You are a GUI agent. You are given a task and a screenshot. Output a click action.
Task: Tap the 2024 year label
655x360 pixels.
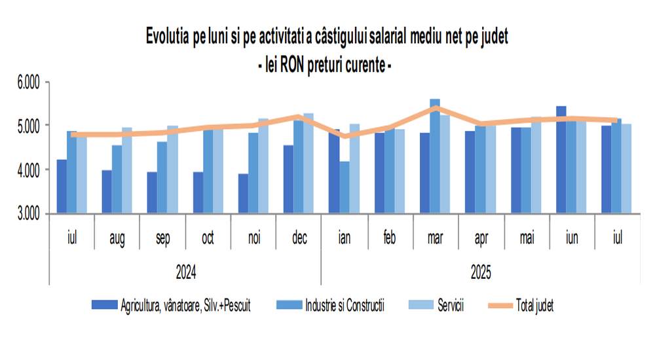point(185,270)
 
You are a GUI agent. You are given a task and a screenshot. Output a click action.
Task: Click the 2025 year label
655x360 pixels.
point(481,270)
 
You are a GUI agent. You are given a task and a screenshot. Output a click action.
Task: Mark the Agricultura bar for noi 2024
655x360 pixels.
point(243,193)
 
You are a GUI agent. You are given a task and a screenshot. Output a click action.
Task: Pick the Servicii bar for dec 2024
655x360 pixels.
point(309,163)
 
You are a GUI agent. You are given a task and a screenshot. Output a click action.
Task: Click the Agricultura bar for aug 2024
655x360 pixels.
point(107,191)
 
